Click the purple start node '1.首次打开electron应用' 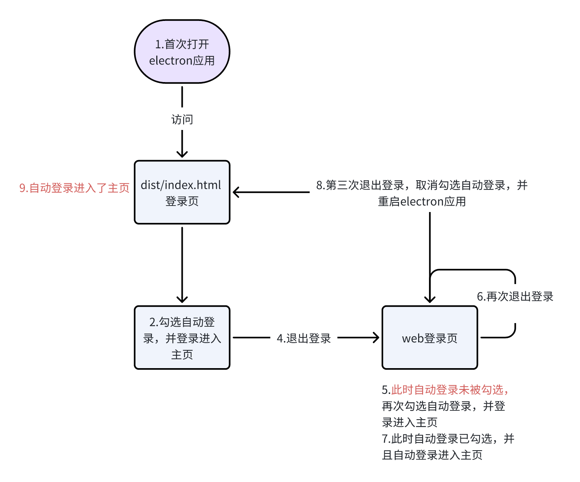(x=182, y=51)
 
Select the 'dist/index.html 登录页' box (x=182, y=192)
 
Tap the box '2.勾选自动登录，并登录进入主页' (x=182, y=338)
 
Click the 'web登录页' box (x=429, y=338)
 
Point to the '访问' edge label (x=182, y=119)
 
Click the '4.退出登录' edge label (x=304, y=338)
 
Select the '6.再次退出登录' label (x=515, y=297)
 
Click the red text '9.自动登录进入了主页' (x=74, y=188)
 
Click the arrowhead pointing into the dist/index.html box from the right (x=236, y=192)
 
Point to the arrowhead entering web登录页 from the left (x=376, y=338)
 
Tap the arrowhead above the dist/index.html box (x=182, y=154)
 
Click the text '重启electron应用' (x=422, y=201)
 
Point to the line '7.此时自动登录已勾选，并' (x=448, y=439)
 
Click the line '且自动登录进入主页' (x=432, y=455)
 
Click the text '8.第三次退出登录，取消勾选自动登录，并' (x=422, y=185)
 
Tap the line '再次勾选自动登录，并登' (x=443, y=406)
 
